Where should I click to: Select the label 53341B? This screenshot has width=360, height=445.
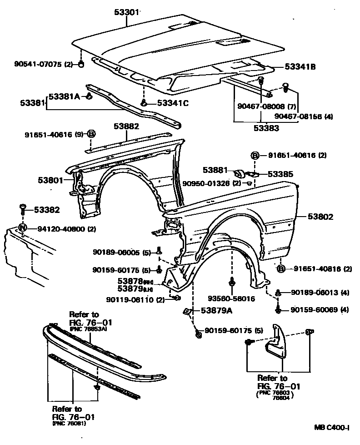click(300, 67)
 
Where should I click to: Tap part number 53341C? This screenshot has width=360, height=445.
click(173, 103)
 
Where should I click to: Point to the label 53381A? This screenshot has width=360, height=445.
click(64, 96)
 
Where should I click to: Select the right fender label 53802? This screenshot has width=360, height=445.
click(320, 217)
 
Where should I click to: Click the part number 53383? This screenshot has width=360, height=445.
click(266, 128)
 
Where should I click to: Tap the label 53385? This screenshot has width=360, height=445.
click(280, 174)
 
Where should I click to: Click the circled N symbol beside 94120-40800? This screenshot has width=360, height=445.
click(23, 229)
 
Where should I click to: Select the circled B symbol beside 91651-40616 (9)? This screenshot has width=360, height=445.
click(91, 134)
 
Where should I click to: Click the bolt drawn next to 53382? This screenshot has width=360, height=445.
click(23, 210)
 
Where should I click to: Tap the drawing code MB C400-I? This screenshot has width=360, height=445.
click(332, 428)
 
